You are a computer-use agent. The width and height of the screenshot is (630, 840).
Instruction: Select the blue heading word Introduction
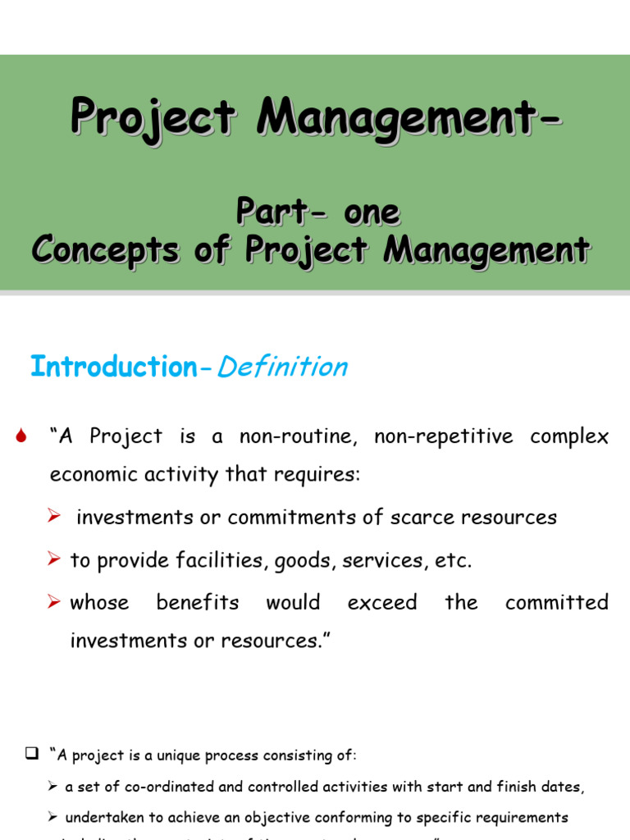pos(113,367)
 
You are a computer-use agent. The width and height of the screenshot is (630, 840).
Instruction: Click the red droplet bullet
pos(23,437)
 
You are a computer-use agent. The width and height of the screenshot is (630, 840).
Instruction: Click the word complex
pos(569,436)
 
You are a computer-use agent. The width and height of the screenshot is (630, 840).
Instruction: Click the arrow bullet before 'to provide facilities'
pos(55,559)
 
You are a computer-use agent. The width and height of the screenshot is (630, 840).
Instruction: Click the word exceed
pos(381,603)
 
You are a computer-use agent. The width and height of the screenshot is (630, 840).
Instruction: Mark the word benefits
pos(198,603)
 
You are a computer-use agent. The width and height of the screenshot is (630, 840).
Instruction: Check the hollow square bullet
pos(32,753)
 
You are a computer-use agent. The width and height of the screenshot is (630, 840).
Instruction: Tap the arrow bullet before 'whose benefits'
pos(55,603)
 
